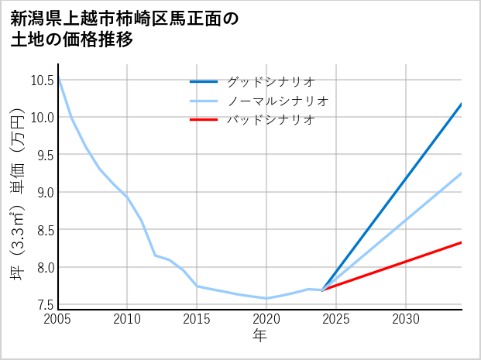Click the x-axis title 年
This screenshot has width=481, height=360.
click(x=259, y=335)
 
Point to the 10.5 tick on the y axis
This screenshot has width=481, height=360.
click(x=42, y=80)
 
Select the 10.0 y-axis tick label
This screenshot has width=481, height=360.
click(x=42, y=118)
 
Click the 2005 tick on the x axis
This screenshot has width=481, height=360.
click(x=58, y=319)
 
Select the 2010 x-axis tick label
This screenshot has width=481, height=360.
click(x=127, y=319)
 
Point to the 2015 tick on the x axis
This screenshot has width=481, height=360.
click(x=197, y=319)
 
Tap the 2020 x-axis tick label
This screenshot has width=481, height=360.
click(x=266, y=319)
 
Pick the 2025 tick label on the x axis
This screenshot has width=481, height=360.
click(x=336, y=319)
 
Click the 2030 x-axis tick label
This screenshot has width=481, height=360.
click(x=406, y=319)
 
